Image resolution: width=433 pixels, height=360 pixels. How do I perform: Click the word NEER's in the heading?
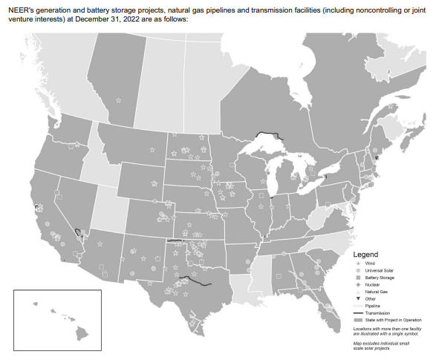[22, 8]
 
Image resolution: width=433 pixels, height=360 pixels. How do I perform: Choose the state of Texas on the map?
[186, 286]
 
